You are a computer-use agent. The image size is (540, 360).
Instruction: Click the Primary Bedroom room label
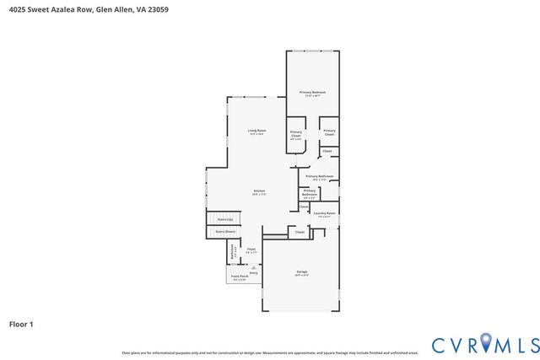(x=312, y=92)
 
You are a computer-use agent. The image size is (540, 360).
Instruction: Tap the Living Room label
(x=256, y=130)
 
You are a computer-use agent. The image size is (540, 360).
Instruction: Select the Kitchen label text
(x=259, y=191)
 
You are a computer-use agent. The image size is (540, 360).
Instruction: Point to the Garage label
(x=301, y=271)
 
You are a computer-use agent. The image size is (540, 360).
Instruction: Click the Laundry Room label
(x=324, y=213)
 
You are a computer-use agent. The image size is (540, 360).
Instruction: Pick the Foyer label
(x=251, y=249)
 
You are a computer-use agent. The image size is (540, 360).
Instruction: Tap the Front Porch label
(x=240, y=276)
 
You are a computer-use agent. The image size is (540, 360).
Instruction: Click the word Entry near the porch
(x=253, y=272)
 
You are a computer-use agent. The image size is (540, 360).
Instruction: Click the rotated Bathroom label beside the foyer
(x=233, y=250)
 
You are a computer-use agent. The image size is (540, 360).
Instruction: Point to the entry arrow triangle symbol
(x=253, y=266)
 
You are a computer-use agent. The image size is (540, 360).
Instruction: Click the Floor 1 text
(x=21, y=324)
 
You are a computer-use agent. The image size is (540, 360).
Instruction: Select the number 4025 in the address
(x=15, y=9)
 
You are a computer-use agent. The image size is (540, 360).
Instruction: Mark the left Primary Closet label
(x=296, y=133)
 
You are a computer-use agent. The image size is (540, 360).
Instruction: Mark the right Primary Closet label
(x=329, y=132)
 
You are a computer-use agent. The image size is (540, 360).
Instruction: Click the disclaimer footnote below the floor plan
(x=270, y=352)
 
